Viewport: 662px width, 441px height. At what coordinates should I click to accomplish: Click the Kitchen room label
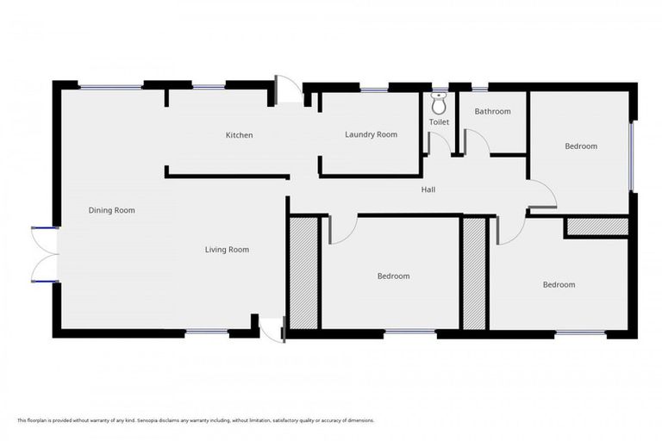coord(239,135)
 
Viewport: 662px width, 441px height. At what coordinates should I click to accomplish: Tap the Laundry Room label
coord(371,134)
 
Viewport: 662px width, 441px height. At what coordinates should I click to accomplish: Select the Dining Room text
coord(112,210)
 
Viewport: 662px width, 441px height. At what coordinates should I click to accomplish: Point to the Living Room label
coord(227,250)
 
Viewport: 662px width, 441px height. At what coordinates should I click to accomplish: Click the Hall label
coord(428,189)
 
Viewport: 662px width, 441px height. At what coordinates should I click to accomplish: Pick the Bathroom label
coord(492,111)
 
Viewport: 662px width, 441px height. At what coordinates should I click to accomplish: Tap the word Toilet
coord(439,122)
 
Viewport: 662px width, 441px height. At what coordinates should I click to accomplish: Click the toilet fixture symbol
coord(439,104)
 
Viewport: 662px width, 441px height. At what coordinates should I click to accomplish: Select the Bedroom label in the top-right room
coord(580,146)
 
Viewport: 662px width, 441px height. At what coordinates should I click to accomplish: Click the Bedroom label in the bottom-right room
coord(559,284)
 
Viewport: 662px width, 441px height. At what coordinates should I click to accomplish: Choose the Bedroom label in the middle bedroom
coord(393,276)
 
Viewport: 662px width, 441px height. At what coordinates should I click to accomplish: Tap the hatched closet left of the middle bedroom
coord(303,273)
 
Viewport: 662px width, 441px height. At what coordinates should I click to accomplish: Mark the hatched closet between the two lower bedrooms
coord(474,273)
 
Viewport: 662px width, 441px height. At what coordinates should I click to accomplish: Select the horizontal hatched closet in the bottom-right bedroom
coord(596,227)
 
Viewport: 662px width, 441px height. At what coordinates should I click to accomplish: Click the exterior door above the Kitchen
coord(288,90)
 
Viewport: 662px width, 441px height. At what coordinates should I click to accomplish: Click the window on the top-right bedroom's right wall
coord(632,156)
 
